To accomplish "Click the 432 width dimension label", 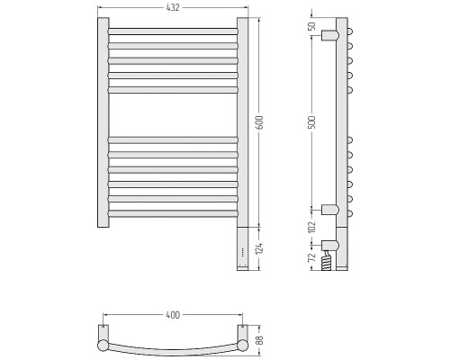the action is point(173,8).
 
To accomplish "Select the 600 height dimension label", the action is point(259,122).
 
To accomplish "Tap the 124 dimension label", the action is point(259,248).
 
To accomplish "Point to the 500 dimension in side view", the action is point(312,122).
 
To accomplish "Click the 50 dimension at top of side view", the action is point(312,26).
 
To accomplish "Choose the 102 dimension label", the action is point(312,227).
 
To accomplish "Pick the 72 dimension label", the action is point(312,256).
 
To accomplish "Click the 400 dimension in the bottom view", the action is point(173,315).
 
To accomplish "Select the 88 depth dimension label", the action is point(259,339).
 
